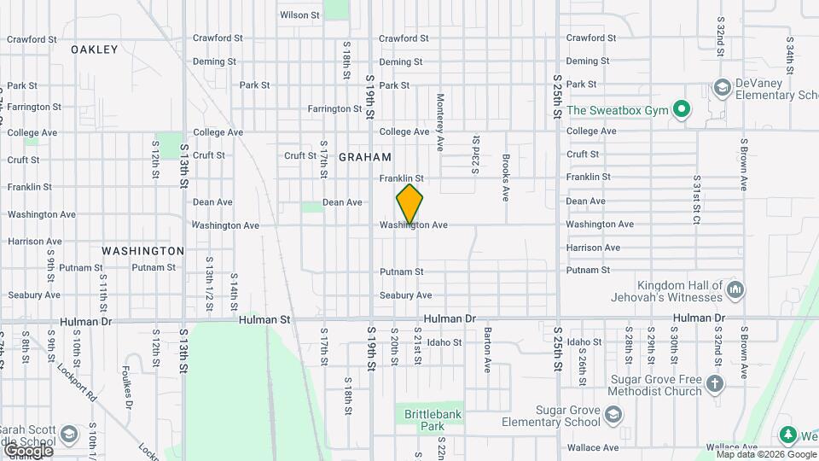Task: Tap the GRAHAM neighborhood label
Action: coord(365,157)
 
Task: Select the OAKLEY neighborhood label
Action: coord(95,50)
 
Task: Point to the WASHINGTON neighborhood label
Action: coord(143,251)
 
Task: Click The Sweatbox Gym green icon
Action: coord(681,110)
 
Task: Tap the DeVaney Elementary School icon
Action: coord(722,88)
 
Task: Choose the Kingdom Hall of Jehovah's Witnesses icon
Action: coord(735,291)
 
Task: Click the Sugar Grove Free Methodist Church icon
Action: coord(715,386)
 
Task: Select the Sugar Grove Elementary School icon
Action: coord(612,416)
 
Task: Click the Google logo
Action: coord(27,449)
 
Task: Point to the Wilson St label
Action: coord(299,15)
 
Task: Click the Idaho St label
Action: coord(444,342)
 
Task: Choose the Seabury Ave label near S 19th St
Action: coord(406,295)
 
